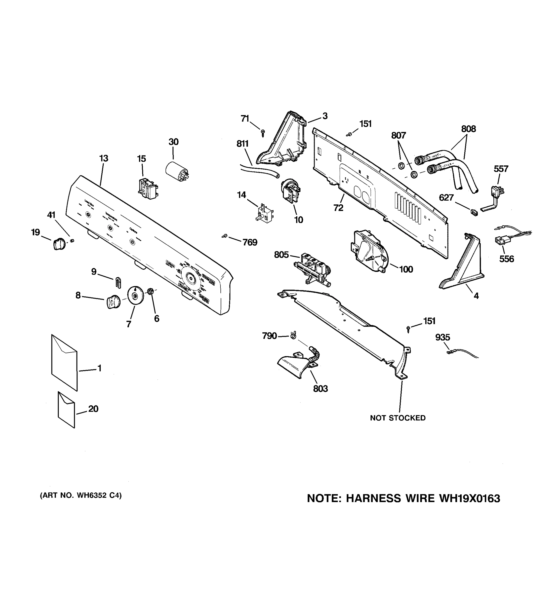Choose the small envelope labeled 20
point(66,410)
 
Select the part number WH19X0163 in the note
point(469,498)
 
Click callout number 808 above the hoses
point(468,129)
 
